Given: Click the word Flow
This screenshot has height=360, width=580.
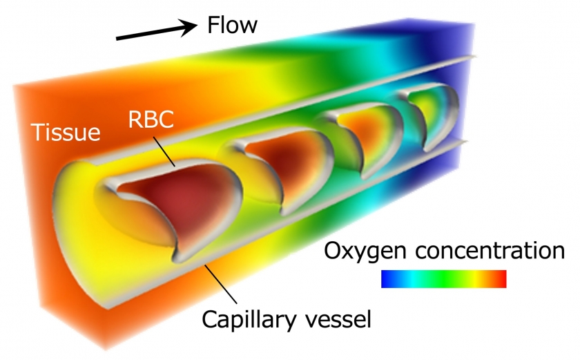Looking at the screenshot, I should [x=232, y=26].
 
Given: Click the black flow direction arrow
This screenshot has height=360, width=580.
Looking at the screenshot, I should [x=156, y=31].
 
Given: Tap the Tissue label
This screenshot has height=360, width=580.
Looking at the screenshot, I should [x=66, y=131].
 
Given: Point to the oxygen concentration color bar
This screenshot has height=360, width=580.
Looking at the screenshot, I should [x=443, y=278].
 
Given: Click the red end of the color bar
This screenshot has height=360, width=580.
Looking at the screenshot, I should [x=501, y=278].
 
